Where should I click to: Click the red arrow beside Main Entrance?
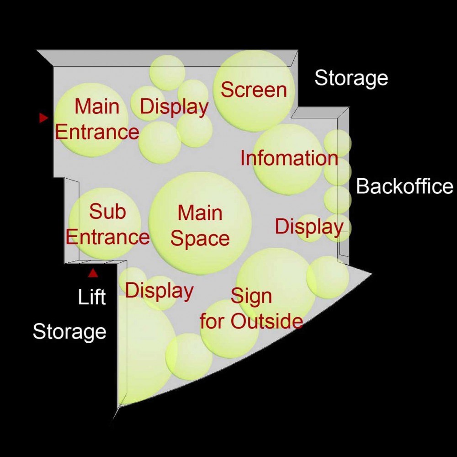click(43, 118)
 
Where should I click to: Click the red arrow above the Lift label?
click(93, 273)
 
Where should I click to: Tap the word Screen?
click(254, 90)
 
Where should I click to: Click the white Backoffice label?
click(404, 186)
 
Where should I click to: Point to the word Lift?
click(91, 297)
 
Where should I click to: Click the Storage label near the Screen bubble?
click(351, 79)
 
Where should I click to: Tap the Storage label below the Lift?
click(69, 332)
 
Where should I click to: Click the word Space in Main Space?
click(200, 239)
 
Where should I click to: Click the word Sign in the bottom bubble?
click(251, 297)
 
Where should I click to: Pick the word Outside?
click(267, 321)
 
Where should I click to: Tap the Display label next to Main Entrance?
click(174, 107)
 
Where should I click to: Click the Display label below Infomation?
click(309, 227)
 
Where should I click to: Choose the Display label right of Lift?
click(159, 291)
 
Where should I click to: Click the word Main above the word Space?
click(200, 213)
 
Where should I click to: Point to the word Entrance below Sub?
click(107, 237)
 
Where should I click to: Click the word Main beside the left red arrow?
click(97, 106)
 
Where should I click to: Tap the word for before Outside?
click(212, 321)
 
